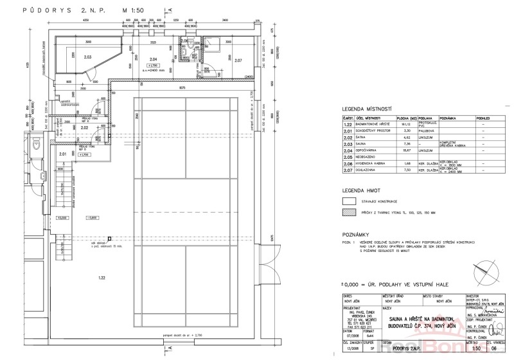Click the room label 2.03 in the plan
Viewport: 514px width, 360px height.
click(x=88, y=58)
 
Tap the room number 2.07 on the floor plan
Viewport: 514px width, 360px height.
click(x=238, y=60)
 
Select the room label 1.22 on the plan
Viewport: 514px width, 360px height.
click(x=101, y=278)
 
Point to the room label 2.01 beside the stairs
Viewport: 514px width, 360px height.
click(x=62, y=154)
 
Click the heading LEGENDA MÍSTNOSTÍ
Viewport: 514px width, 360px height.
click(x=367, y=109)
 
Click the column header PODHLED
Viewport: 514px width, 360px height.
click(x=483, y=118)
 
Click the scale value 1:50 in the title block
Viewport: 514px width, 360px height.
click(x=476, y=349)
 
